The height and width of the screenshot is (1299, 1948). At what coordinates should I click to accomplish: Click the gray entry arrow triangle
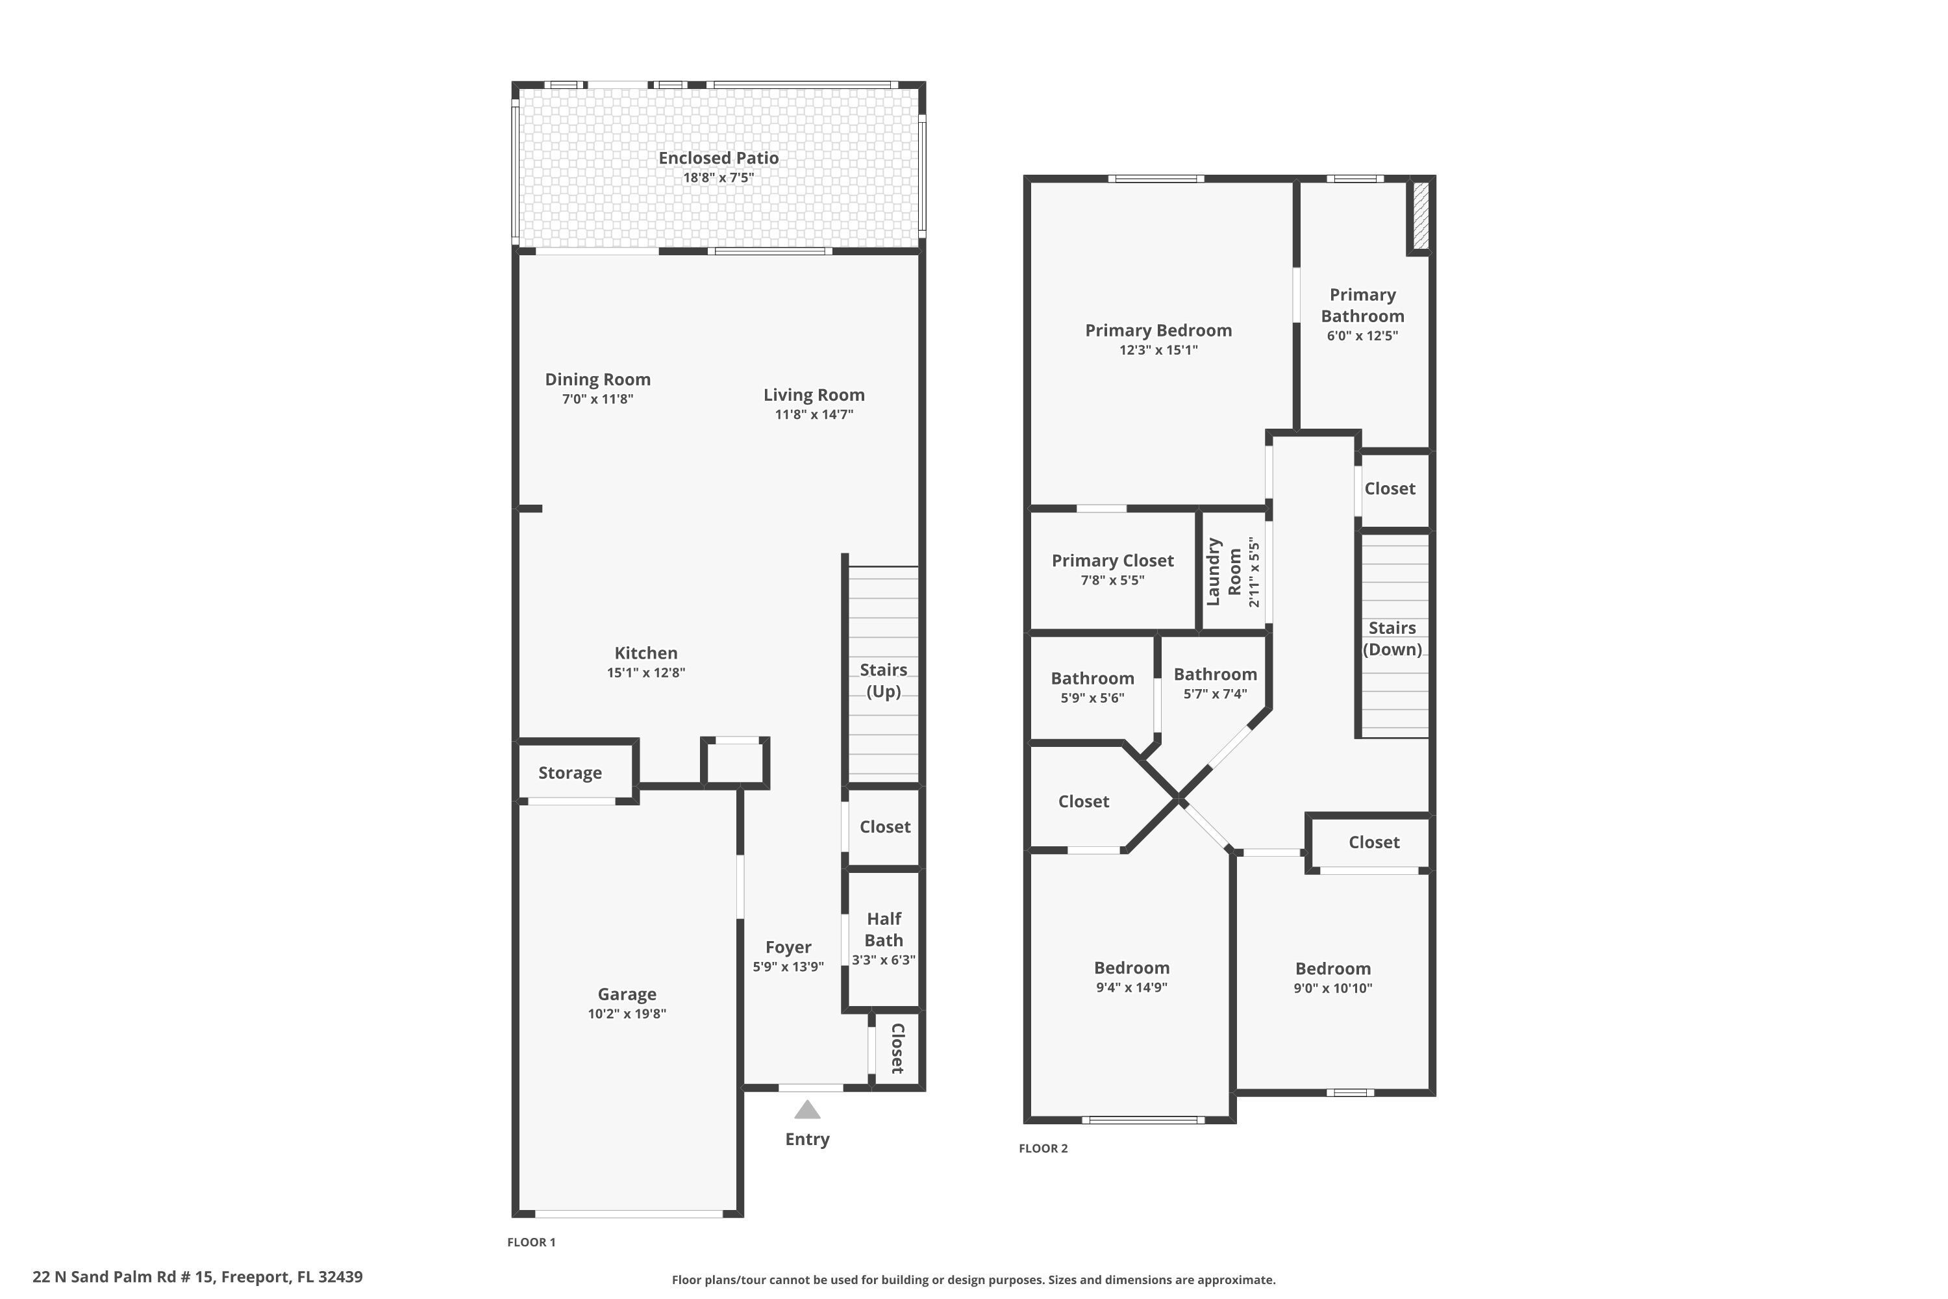coord(806,1110)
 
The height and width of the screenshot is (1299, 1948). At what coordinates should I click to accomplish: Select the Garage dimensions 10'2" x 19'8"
coord(627,1014)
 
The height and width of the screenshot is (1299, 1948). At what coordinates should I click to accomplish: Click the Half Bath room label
coord(884,929)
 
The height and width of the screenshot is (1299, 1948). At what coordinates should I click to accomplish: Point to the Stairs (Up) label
coord(883,680)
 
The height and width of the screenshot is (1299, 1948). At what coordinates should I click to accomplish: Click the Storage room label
coord(570,773)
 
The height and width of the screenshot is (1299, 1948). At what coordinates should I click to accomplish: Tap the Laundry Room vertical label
coord(1224,572)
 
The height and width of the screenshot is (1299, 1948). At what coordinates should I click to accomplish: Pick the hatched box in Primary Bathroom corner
coord(1421,216)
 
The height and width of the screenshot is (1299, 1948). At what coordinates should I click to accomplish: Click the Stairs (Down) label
coord(1392,638)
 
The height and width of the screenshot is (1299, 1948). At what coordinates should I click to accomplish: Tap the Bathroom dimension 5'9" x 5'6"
coord(1092,698)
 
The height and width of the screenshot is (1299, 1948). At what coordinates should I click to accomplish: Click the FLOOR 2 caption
coord(1043,1148)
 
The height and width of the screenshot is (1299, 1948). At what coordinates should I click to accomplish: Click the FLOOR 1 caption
coord(531,1242)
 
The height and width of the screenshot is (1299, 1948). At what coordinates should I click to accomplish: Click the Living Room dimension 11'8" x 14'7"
coord(814,415)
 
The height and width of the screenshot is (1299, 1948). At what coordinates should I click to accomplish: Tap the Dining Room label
coord(597,379)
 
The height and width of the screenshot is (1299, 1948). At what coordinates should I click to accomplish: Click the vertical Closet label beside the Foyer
coord(897,1048)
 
